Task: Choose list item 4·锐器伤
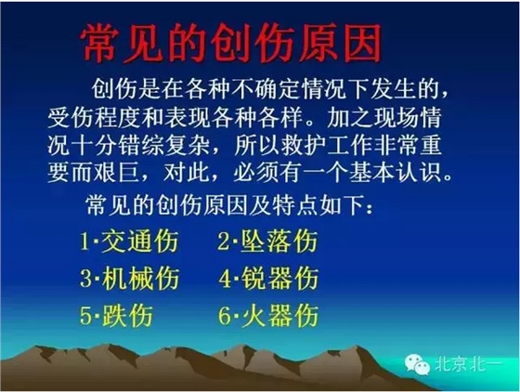click(x=268, y=278)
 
